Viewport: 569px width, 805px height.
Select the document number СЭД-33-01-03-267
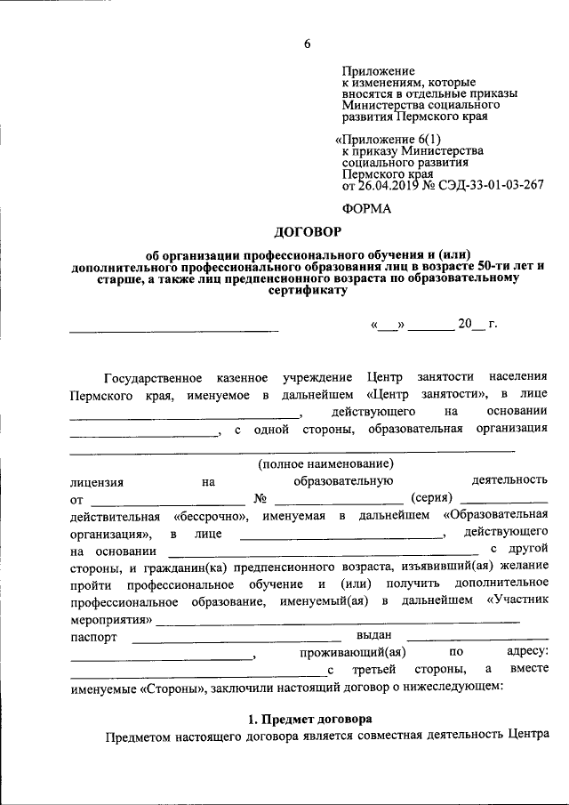pyautogui.click(x=493, y=185)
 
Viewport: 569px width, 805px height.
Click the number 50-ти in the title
pyautogui.click(x=496, y=265)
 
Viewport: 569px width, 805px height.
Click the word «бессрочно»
pyautogui.click(x=210, y=516)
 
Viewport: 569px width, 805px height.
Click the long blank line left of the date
pyautogui.click(x=174, y=331)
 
